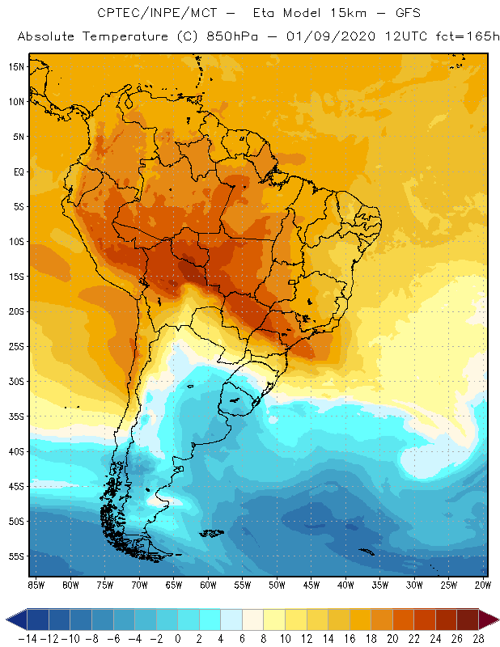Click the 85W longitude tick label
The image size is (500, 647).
pos(36,584)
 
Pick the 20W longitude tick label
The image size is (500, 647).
pos(483,584)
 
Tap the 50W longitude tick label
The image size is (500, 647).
pos(277,584)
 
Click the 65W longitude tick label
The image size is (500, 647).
pos(173,584)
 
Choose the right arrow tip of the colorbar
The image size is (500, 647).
pos(494,620)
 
